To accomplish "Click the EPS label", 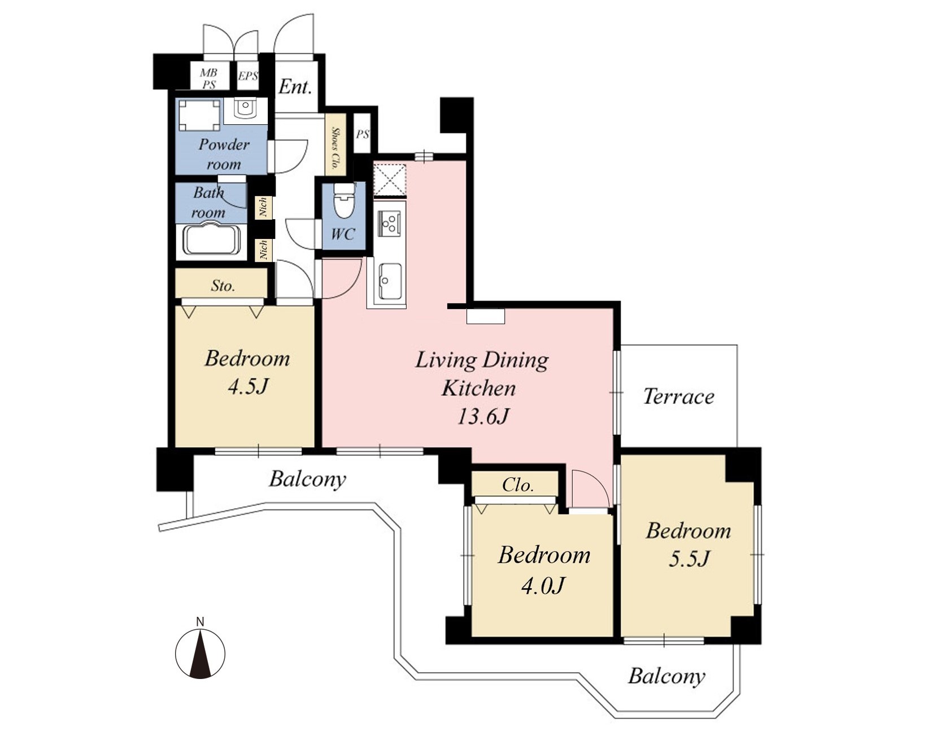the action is [248, 76].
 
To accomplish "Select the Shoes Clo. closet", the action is [336, 145].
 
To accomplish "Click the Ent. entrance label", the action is [295, 86].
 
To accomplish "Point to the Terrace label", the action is [678, 397].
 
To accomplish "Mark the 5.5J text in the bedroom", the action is [689, 559].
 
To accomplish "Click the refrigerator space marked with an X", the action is [389, 180].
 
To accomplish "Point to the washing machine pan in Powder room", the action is [199, 115].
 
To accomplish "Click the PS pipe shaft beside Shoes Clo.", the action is [362, 133].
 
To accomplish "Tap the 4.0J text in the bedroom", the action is [542, 586].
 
